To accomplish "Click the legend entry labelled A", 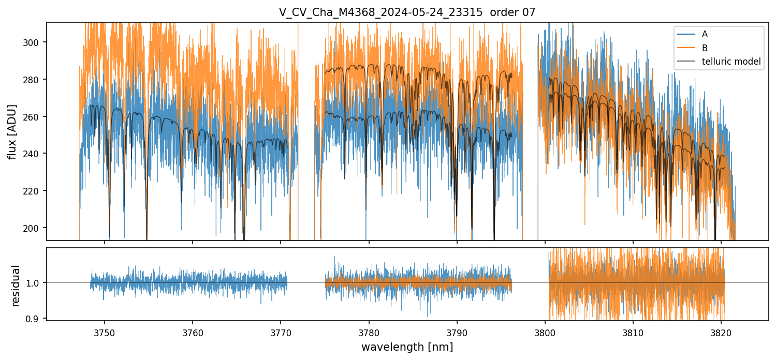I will tap(705, 35).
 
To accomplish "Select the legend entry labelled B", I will tap(705, 48).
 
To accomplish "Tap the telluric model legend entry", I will tap(731, 62).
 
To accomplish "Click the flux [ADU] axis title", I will tap(12, 131).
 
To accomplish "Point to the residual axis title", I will tap(16, 286).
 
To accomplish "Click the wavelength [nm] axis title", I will tap(407, 347).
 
